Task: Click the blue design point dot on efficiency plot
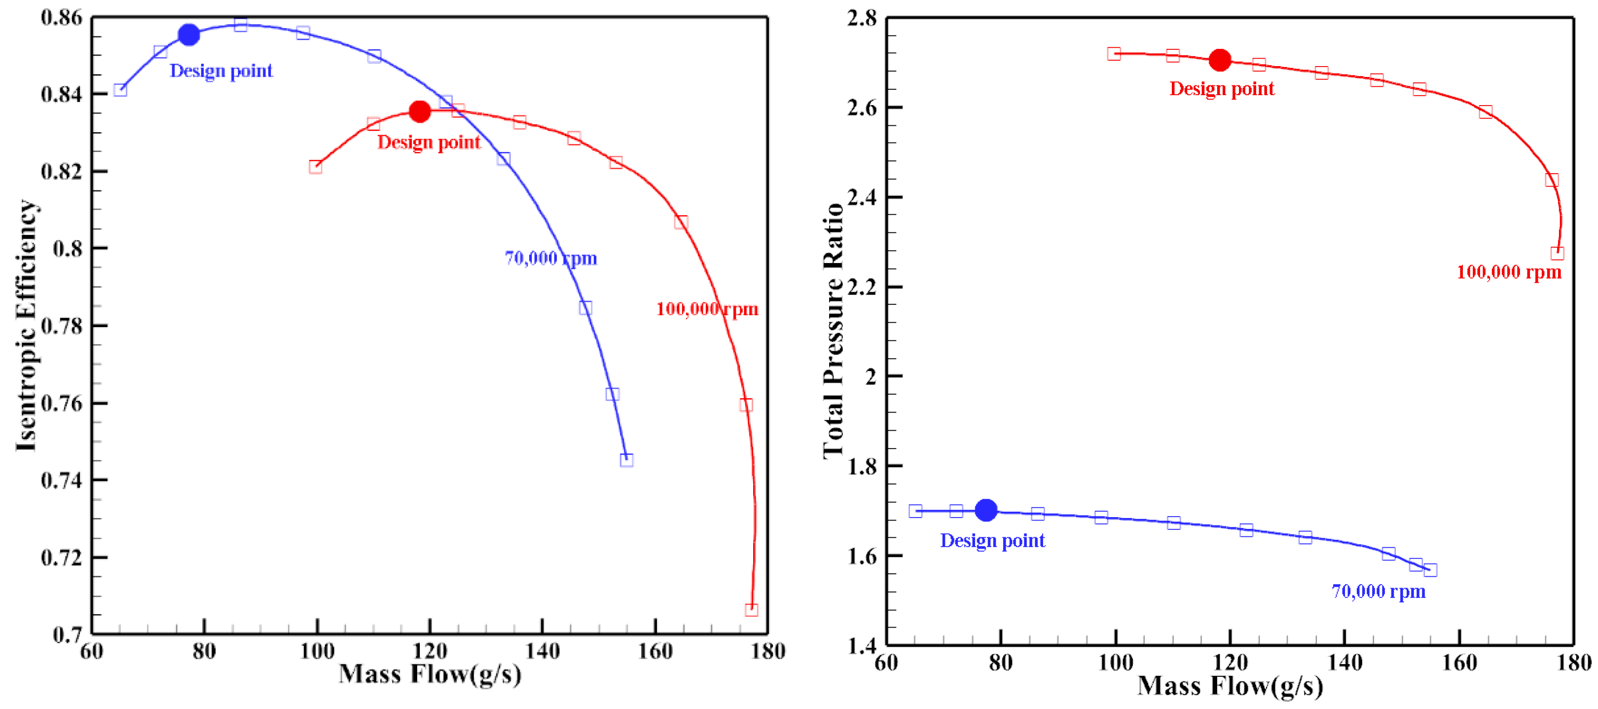pos(188,35)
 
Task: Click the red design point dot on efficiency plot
pos(420,112)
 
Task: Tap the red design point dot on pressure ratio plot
pos(1220,60)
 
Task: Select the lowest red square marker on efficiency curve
pos(751,610)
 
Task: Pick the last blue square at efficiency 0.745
pos(626,460)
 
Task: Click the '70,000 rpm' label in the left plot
pos(550,258)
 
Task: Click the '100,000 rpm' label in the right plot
pos(1509,272)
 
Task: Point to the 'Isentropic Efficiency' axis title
pos(26,326)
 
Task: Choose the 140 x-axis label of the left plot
pos(542,651)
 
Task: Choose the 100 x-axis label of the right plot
pos(1115,663)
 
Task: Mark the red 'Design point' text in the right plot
pos(1222,89)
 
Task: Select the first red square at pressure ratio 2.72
pos(1114,54)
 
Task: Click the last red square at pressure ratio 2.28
pos(1557,253)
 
